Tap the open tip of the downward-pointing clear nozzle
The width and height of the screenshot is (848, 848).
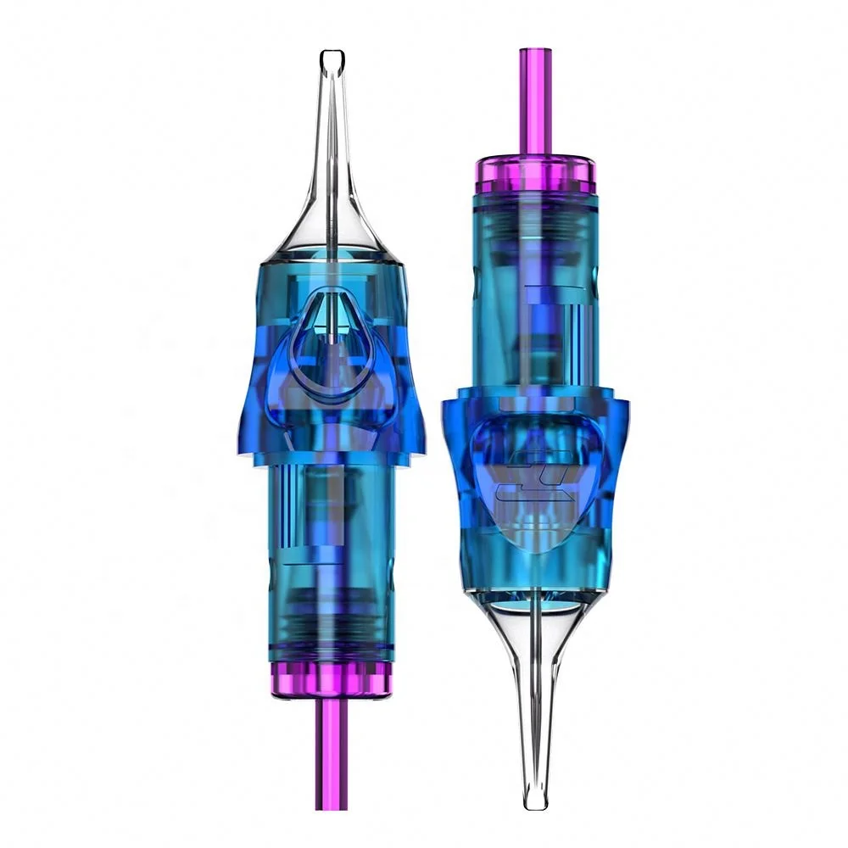(534, 800)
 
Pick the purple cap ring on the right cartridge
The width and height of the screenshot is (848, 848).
(535, 175)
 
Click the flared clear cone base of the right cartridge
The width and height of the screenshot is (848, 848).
(535, 619)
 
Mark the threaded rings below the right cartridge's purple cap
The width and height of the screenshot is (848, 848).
(535, 220)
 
